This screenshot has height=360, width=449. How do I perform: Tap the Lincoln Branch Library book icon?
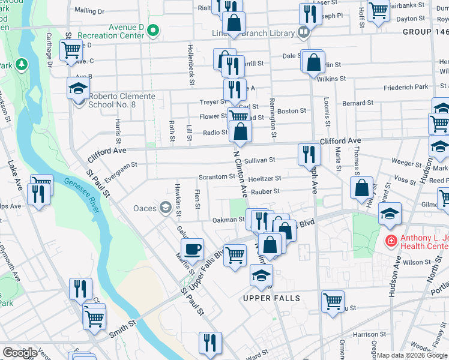click(x=304, y=31)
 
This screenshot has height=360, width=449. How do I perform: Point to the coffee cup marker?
click(x=193, y=248)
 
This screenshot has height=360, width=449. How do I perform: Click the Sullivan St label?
click(x=260, y=160)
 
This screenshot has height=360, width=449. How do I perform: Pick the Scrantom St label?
click(x=217, y=177)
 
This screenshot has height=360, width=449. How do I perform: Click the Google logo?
click(x=20, y=353)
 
